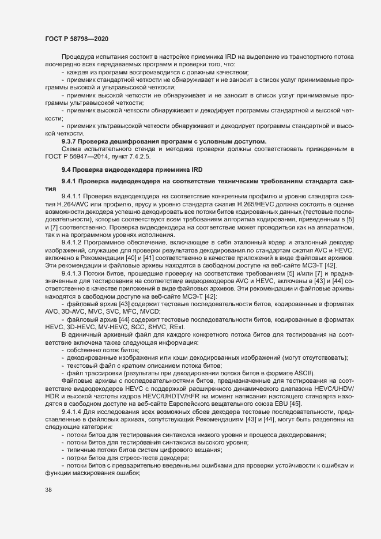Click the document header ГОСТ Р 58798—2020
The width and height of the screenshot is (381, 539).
[76, 38]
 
